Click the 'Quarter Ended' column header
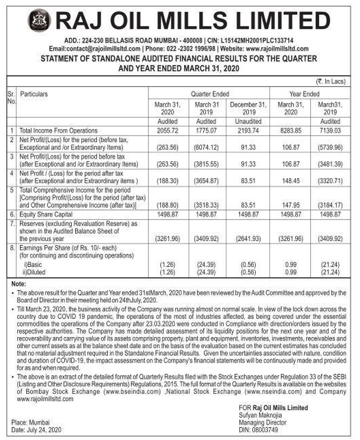pyautogui.click(x=210, y=94)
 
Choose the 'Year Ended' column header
pyautogui.click(x=304, y=94)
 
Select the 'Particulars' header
pyautogui.click(x=34, y=94)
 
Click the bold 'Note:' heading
pyautogui.click(x=19, y=284)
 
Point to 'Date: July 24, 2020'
pyautogui.click(x=36, y=430)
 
